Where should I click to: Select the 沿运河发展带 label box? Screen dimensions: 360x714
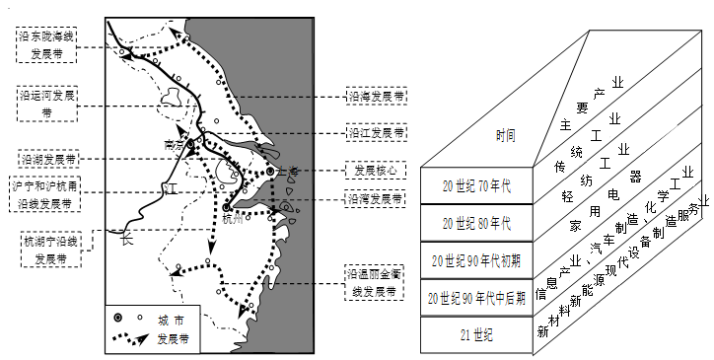tap(48, 104)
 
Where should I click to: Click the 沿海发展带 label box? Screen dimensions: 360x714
tap(375, 98)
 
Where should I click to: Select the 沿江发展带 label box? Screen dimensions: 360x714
tap(375, 132)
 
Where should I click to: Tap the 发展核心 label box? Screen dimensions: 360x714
tap(375, 170)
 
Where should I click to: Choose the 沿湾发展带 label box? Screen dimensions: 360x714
tap(375, 198)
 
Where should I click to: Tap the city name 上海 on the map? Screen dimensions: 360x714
tap(287, 171)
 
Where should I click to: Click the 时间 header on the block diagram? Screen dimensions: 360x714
tap(476, 135)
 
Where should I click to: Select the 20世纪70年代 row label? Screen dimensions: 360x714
tap(476, 185)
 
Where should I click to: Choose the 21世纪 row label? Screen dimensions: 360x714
tap(476, 334)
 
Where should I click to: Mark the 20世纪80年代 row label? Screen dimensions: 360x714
tap(476, 223)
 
